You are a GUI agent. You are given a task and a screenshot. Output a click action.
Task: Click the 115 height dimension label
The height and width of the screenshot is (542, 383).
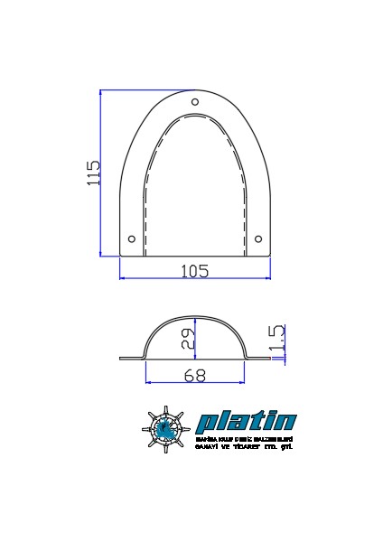(93, 173)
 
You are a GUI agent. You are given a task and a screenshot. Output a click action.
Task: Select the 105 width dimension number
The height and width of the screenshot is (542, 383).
(195, 270)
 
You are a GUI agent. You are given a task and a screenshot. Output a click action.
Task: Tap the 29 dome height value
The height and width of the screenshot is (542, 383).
(187, 339)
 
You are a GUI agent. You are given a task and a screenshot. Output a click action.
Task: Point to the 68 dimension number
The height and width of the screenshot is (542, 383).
(194, 377)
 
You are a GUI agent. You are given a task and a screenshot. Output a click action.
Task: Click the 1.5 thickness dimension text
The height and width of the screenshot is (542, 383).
(277, 338)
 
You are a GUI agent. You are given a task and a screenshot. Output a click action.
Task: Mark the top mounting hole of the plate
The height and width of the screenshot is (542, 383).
(195, 102)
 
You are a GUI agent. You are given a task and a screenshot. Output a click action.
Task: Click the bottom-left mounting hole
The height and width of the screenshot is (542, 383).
(133, 238)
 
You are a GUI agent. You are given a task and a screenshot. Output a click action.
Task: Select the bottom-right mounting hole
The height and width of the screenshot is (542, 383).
(258, 238)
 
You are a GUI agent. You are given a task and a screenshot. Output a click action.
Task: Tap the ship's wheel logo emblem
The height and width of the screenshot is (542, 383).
(166, 430)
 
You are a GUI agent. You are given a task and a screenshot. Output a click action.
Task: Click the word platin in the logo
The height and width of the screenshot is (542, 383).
(246, 422)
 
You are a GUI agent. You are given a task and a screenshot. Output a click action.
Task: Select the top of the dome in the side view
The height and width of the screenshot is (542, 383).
(195, 319)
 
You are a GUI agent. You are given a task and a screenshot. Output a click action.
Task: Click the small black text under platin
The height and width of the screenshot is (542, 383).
(245, 443)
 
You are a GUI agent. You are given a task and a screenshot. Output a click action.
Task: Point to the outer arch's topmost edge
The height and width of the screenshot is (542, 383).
(195, 90)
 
